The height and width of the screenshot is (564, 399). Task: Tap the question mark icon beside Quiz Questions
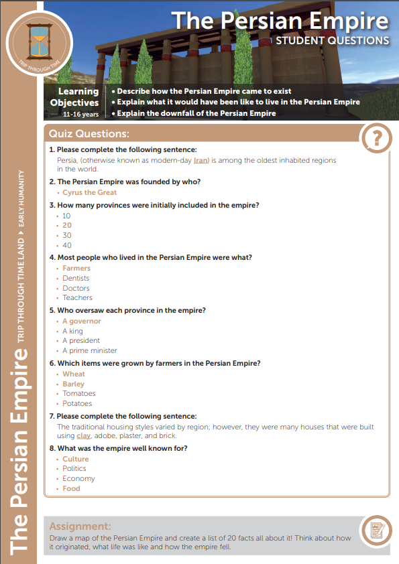coord(376,139)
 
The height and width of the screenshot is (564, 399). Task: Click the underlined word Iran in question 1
coord(201,161)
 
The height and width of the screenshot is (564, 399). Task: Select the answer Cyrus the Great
coord(89,192)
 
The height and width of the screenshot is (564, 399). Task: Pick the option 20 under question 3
coord(67,226)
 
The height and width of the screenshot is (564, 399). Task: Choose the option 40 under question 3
coord(67,245)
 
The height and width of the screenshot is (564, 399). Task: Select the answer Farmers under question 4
coord(76,269)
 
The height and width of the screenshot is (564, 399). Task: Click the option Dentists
coord(76,278)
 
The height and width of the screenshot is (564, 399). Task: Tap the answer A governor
coord(82,322)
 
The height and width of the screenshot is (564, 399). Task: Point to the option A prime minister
coord(90,350)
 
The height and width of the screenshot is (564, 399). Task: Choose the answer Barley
coord(74,384)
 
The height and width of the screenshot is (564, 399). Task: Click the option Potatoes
coord(77,403)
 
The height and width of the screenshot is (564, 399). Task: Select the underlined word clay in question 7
coord(84,436)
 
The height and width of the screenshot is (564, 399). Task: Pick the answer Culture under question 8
coord(76,460)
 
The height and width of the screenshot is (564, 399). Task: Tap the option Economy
coord(78,479)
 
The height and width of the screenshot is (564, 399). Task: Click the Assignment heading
coord(80,526)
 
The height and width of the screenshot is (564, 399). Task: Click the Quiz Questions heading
coord(89,134)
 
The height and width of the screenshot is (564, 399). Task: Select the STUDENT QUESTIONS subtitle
coord(333,40)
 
